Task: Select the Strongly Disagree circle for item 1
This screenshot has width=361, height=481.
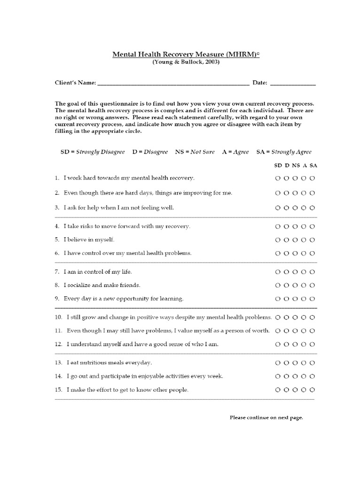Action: point(278,178)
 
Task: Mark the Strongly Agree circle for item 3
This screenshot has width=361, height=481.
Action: point(313,208)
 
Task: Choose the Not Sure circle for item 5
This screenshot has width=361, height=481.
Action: point(295,240)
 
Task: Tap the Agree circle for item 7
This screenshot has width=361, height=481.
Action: point(304,272)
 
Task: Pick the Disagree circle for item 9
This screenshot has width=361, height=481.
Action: point(287,299)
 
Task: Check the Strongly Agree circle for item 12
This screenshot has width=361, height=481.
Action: point(313,344)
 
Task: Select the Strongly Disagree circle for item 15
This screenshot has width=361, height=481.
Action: point(278,390)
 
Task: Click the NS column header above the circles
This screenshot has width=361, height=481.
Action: point(296,165)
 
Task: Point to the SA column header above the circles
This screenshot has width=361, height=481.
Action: point(314,165)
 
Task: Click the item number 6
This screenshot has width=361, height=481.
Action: point(57,253)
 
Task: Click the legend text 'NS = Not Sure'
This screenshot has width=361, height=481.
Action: point(195,152)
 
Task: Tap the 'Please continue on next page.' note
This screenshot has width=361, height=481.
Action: point(266,417)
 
